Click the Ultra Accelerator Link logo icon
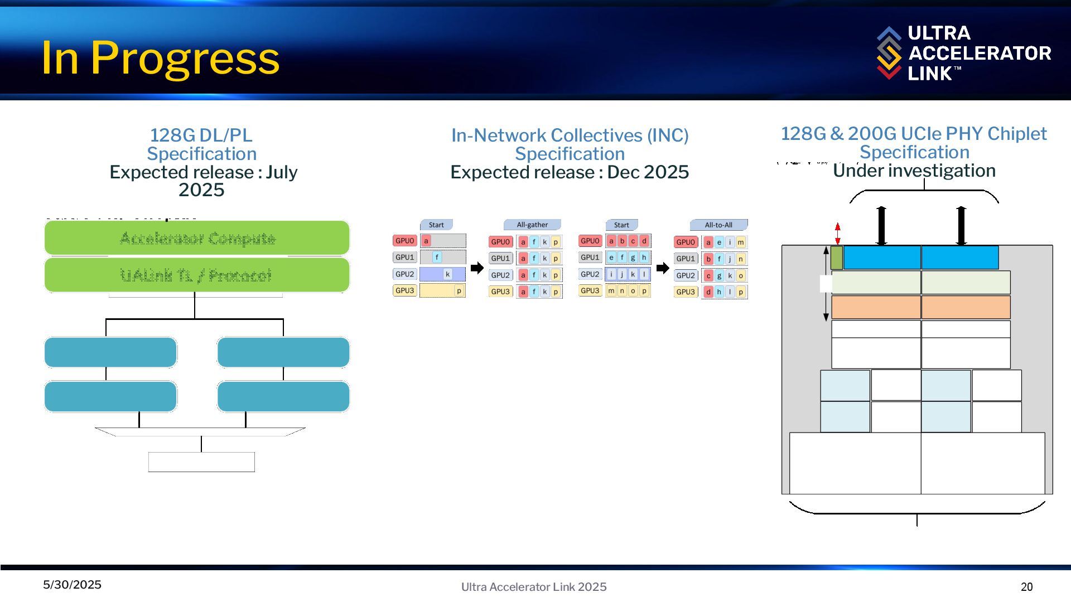[x=889, y=53]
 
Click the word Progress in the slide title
[x=185, y=57]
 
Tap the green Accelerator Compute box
[x=197, y=238]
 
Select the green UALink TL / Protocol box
[x=197, y=275]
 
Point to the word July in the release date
[x=282, y=172]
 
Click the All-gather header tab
[x=532, y=225]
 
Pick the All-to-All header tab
[x=718, y=225]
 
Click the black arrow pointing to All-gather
[x=477, y=268]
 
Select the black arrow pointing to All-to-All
[x=663, y=268]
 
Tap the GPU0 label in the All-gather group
[x=500, y=242]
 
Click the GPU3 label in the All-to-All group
[x=686, y=292]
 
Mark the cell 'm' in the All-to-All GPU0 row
[x=741, y=242]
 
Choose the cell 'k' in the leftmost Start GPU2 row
[x=447, y=274]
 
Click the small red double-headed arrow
[x=837, y=234]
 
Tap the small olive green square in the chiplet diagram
[x=837, y=258]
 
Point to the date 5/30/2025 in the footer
[x=73, y=585]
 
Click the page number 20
[x=1026, y=587]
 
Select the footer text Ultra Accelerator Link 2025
[x=534, y=587]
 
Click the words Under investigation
[x=914, y=171]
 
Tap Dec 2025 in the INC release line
[x=648, y=172]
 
